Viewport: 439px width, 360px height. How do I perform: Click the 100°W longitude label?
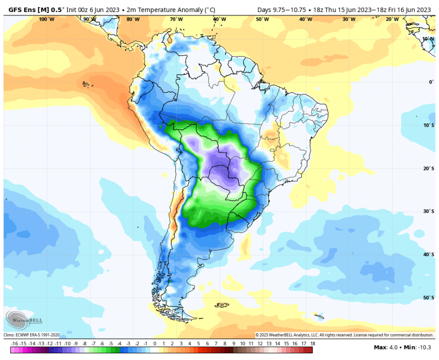coord(46,19)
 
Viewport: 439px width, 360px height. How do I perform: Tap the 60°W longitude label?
coord(219,19)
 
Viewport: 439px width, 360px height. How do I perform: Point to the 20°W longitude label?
coord(392,19)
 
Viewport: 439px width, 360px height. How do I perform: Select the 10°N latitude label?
coord(428,39)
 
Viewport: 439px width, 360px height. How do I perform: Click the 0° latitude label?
coord(431,82)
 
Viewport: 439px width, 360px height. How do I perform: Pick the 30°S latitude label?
coord(428,212)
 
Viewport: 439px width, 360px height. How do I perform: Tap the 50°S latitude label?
coord(428,298)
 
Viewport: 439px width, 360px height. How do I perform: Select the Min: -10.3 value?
coord(417,347)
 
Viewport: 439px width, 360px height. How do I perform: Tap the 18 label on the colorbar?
coord(312,344)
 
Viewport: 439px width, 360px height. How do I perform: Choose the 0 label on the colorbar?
coord(154,344)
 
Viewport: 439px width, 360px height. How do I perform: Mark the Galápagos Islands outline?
coord(86,84)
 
